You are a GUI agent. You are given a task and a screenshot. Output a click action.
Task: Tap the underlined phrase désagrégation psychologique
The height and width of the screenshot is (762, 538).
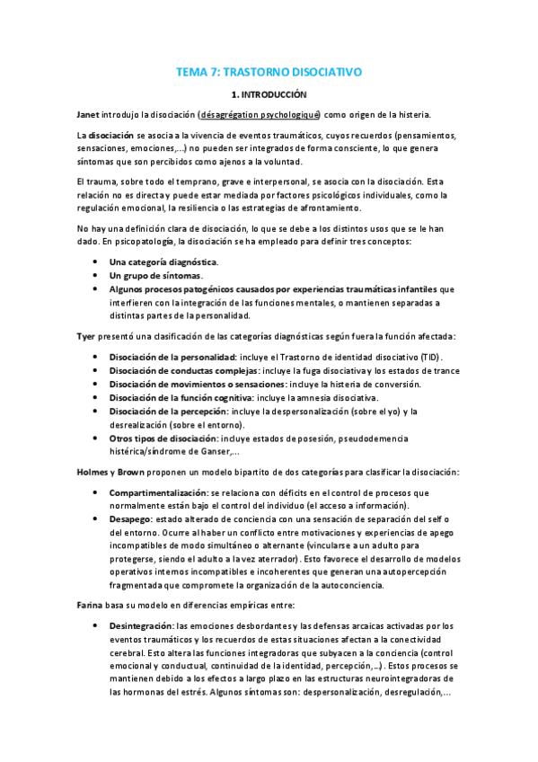point(260,114)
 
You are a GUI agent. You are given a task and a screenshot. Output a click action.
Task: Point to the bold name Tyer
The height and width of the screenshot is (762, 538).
point(87,336)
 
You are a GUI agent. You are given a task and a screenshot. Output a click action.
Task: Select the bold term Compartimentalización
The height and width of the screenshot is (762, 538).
point(157,492)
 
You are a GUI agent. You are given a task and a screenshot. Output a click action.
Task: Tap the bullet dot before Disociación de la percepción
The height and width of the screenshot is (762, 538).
point(96,412)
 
